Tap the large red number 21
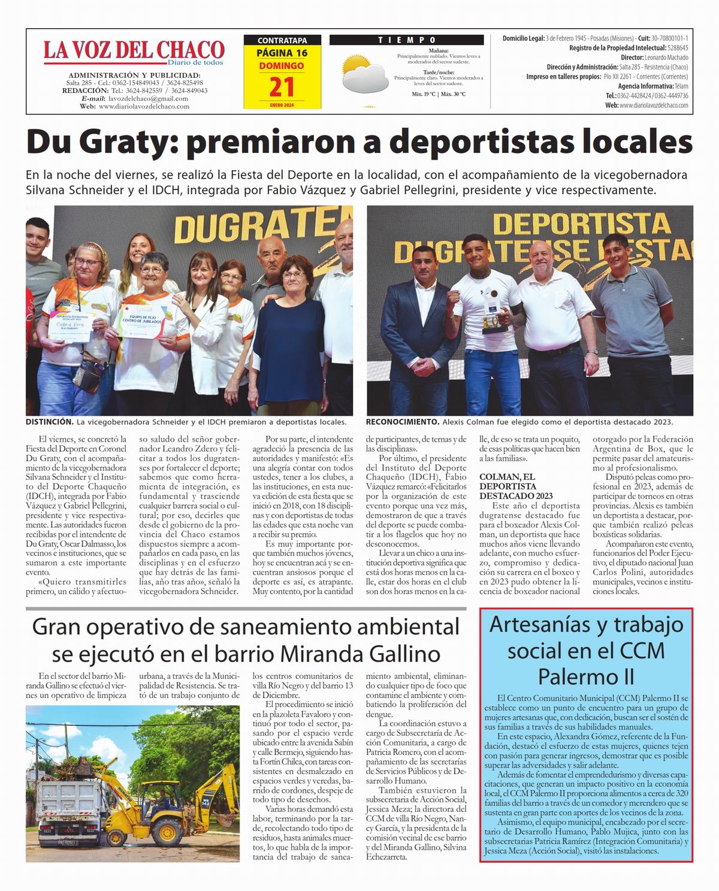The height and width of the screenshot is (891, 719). pyautogui.click(x=282, y=87)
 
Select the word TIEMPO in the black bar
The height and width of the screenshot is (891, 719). pyautogui.click(x=407, y=40)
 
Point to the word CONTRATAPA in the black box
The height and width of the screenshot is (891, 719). pyautogui.click(x=282, y=41)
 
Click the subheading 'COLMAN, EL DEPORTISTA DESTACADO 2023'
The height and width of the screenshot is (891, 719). pyautogui.click(x=508, y=486)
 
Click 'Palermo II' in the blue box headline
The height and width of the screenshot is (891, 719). pyautogui.click(x=586, y=677)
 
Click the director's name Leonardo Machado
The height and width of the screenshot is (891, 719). pyautogui.click(x=663, y=58)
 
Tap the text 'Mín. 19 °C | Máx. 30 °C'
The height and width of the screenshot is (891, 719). pyautogui.click(x=439, y=95)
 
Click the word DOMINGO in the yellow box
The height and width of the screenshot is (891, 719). pyautogui.click(x=282, y=66)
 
